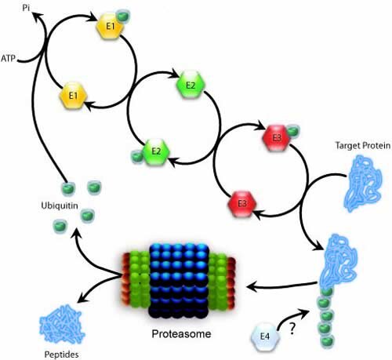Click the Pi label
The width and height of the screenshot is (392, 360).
(26, 8)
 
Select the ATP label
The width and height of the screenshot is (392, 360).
(9, 58)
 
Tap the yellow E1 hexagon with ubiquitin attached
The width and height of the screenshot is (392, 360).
(110, 27)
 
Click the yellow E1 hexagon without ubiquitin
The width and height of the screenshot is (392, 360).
(73, 96)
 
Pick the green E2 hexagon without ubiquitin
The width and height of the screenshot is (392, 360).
(191, 85)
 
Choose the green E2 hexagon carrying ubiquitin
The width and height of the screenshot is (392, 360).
(156, 151)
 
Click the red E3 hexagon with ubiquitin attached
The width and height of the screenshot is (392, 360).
(277, 138)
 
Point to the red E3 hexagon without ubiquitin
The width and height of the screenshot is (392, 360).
(242, 203)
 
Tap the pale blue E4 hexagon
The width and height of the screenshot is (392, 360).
(265, 336)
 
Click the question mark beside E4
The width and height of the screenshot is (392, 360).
(292, 329)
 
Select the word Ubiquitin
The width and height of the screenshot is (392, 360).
(60, 205)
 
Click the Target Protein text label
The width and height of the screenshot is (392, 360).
(363, 145)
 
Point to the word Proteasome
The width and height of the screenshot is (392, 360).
(181, 334)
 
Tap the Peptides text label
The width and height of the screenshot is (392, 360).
(61, 355)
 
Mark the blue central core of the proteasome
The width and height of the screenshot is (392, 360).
(179, 281)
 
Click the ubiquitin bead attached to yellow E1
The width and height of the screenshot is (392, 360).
(122, 16)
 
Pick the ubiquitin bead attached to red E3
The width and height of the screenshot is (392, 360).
(292, 131)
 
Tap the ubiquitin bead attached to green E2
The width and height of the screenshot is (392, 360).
(136, 157)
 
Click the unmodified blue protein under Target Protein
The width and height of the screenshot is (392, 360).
(364, 183)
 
